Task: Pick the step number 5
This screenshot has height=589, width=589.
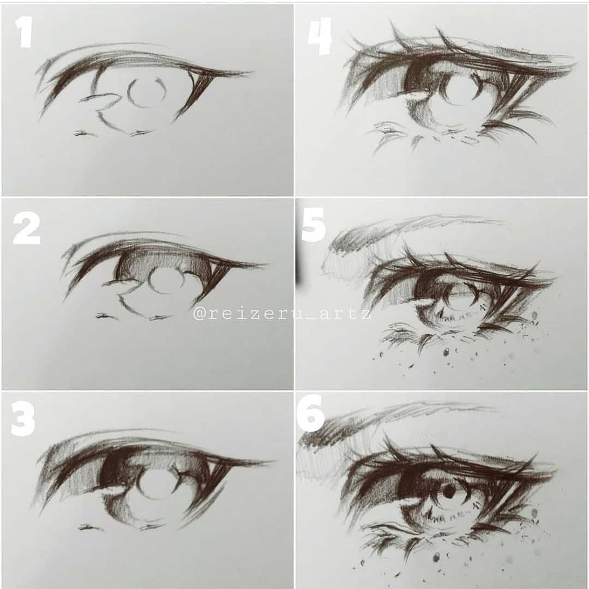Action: pos(314,225)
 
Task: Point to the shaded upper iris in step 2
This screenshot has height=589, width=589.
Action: pos(164,263)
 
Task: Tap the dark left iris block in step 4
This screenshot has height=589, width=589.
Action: pos(420,77)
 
